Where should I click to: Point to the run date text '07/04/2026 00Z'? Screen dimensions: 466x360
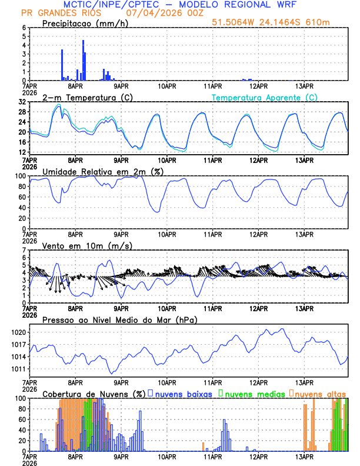[159, 13]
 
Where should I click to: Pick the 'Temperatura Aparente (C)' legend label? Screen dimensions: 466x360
[264, 97]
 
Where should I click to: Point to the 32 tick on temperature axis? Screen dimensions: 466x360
[22, 102]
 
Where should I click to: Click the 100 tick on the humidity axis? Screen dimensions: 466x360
[21, 176]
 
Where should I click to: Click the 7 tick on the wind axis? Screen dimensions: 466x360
[24, 250]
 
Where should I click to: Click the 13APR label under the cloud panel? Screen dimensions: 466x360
[304, 456]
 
